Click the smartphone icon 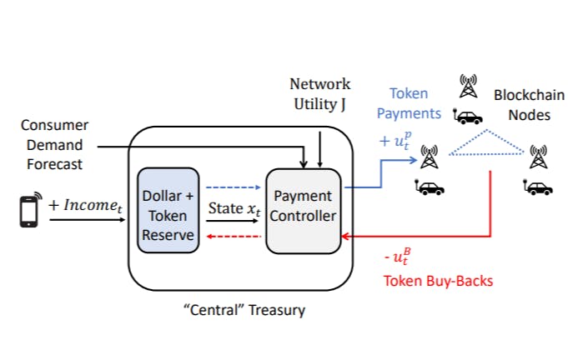tap(28, 212)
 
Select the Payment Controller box tap(304, 210)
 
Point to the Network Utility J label tap(319, 93)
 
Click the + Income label tap(88, 204)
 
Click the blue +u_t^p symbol tap(395, 142)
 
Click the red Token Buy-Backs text tap(438, 281)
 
